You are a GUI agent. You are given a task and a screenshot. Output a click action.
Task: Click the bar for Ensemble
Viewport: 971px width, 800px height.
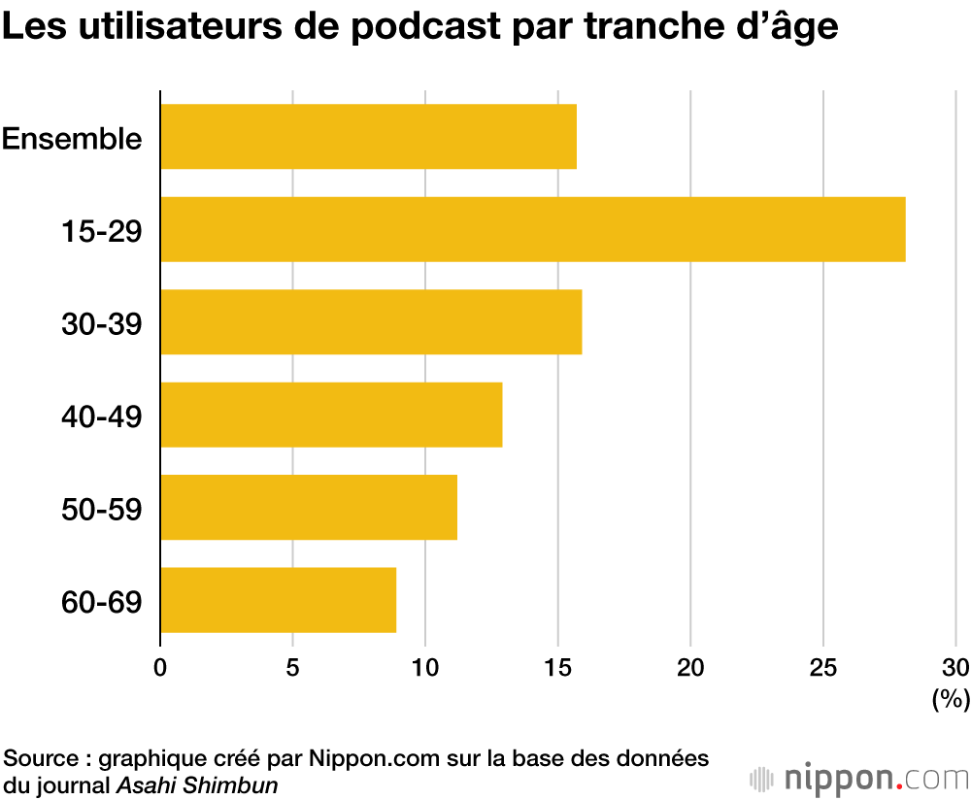[x=368, y=137]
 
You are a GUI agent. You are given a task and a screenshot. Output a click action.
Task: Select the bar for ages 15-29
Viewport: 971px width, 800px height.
[x=532, y=229]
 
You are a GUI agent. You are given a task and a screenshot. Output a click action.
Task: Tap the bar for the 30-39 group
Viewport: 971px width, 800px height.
[x=371, y=321]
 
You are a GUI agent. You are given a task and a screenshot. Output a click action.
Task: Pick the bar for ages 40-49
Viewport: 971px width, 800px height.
[x=331, y=415]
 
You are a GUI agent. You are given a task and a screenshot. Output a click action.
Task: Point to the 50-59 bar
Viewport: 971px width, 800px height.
[x=309, y=507]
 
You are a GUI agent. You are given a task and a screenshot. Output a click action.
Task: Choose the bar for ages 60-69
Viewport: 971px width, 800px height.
[x=278, y=600]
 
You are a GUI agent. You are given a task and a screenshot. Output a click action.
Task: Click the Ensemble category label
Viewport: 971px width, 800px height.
[x=72, y=138]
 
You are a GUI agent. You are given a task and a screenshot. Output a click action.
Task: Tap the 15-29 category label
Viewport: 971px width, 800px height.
[x=101, y=230]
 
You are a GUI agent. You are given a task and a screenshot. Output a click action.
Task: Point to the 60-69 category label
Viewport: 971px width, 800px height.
[x=101, y=601]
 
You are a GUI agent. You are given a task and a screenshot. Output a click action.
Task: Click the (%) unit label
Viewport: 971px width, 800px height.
[x=951, y=698]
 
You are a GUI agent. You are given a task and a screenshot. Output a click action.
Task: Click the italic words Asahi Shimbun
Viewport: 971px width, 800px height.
[x=197, y=784]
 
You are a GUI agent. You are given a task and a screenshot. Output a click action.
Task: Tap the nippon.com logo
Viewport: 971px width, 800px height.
[x=860, y=778]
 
